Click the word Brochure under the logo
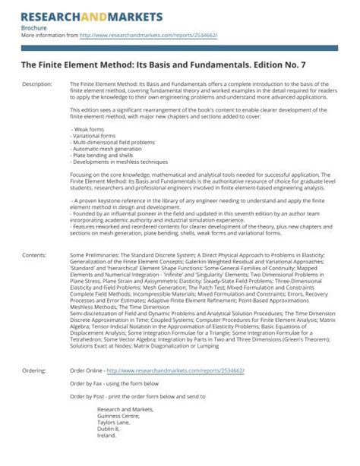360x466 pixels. pos(34,27)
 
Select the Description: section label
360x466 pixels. pos(37,83)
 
